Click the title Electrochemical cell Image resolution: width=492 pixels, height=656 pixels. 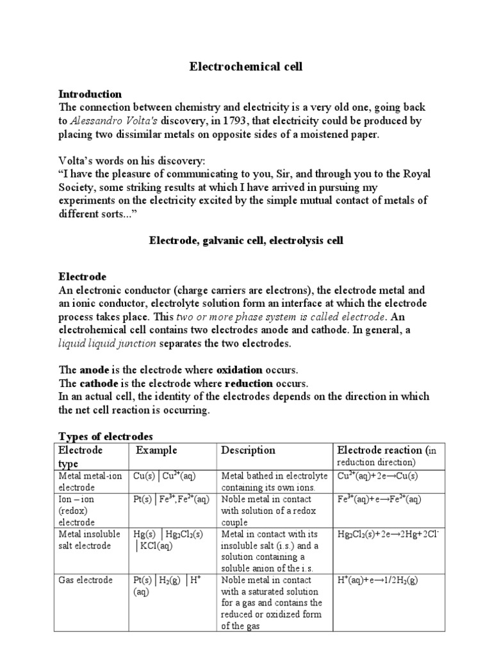click(246, 66)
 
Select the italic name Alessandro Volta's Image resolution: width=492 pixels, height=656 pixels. click(104, 120)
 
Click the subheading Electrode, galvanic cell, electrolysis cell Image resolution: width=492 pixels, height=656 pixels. click(246, 241)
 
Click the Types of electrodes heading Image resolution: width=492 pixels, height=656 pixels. click(106, 436)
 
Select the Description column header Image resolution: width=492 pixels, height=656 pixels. click(248, 450)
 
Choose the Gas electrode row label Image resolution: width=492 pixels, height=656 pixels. click(86, 580)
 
